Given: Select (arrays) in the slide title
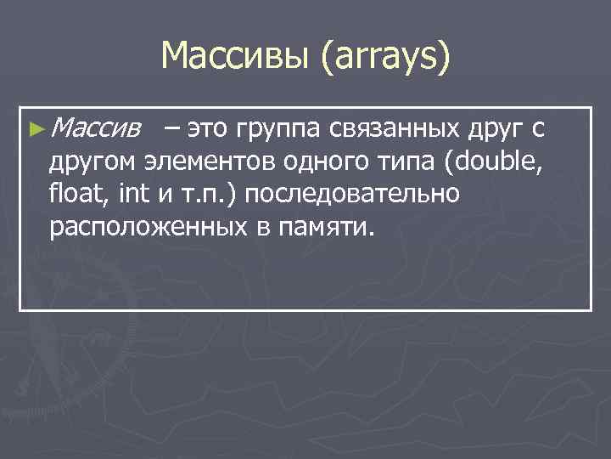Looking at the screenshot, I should tap(385, 59).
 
